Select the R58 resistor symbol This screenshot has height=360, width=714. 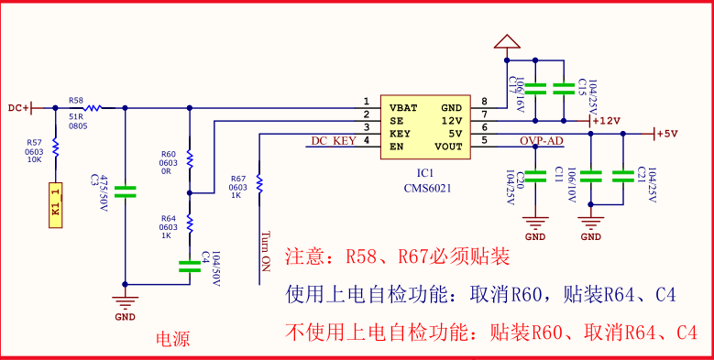coord(90,107)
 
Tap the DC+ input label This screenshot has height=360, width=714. coord(18,108)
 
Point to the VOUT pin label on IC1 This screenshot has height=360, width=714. coord(448,146)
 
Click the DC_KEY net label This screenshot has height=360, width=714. coord(333,141)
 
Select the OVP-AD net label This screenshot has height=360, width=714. coord(542,141)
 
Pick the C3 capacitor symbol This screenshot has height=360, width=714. coord(126,192)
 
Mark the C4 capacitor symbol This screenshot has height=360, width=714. coord(190,266)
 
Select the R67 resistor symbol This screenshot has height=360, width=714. coord(260,183)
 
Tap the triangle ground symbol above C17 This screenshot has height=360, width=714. coord(505,41)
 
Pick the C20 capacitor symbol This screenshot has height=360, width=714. coord(536,174)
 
